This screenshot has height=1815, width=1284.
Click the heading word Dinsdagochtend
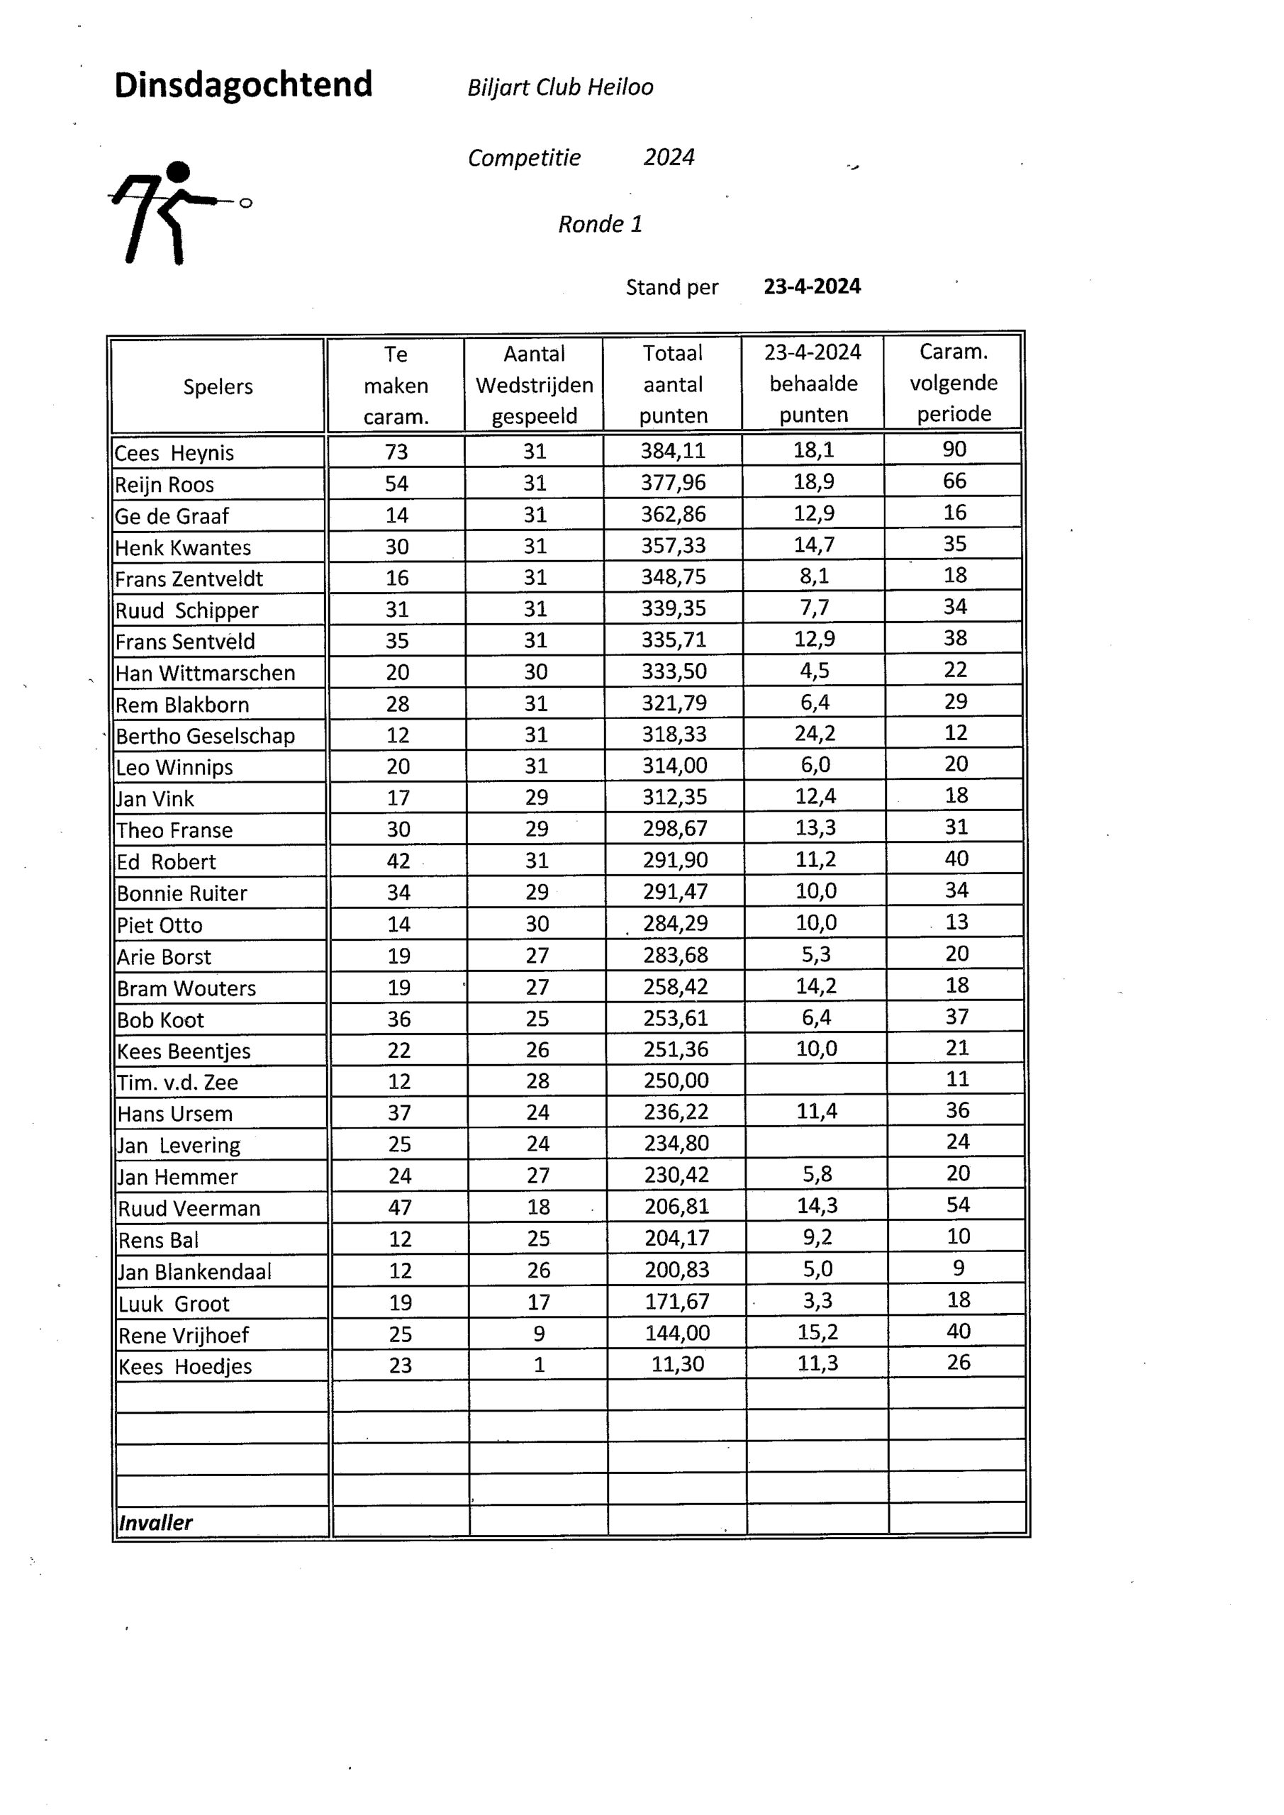(242, 85)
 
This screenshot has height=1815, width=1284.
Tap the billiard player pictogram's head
(179, 172)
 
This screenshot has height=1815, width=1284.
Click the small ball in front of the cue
(246, 203)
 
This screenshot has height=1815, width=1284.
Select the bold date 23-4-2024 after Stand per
(812, 286)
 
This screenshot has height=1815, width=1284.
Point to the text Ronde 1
(600, 225)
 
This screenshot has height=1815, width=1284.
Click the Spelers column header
(218, 386)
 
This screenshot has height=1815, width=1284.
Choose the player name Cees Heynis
(174, 453)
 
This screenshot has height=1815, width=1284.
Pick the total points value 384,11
(673, 451)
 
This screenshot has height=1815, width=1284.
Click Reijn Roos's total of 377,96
(673, 482)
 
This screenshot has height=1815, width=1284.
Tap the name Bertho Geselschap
(206, 736)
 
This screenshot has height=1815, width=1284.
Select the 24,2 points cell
(815, 734)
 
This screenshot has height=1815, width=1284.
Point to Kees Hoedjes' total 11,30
(678, 1364)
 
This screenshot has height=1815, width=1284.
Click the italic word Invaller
(155, 1522)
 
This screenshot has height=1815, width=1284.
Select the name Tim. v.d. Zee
(178, 1082)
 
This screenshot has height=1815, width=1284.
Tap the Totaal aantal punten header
(673, 384)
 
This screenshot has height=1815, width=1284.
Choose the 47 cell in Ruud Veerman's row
(400, 1207)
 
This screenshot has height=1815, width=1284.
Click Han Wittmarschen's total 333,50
(674, 671)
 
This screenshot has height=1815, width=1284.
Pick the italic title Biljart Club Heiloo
(561, 87)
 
